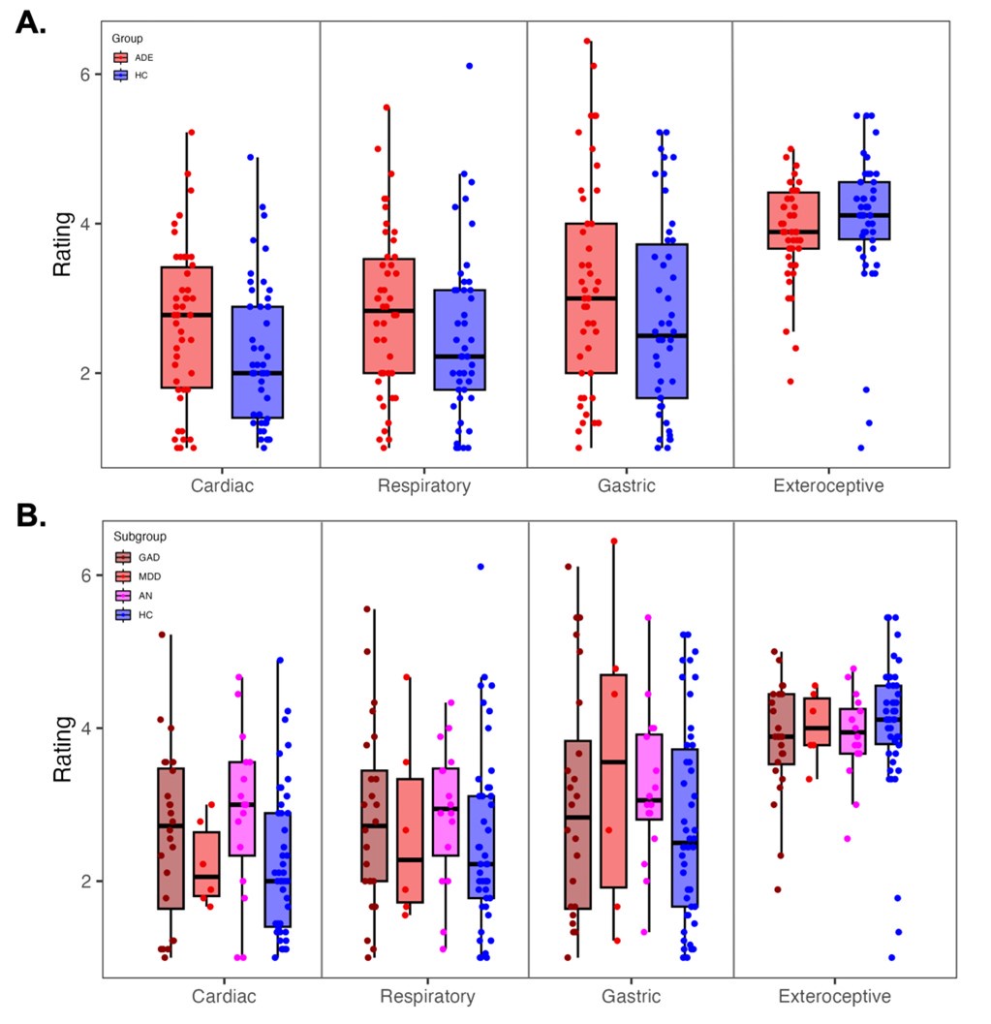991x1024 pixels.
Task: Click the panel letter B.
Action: point(31,515)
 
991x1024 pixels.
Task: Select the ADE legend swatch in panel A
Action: point(122,57)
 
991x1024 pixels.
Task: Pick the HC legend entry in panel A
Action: point(122,75)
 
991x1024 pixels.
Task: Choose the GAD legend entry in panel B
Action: point(123,557)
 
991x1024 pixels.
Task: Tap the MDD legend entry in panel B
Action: point(123,575)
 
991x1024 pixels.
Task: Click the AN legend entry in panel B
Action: point(123,595)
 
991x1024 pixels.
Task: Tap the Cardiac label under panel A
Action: point(222,486)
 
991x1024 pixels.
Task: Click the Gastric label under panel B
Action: point(630,996)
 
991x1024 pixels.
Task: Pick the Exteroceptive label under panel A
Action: point(828,486)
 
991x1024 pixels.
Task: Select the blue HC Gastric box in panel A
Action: point(663,321)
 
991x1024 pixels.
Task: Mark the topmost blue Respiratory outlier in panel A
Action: point(469,66)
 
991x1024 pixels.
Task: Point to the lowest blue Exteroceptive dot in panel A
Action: point(861,448)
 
